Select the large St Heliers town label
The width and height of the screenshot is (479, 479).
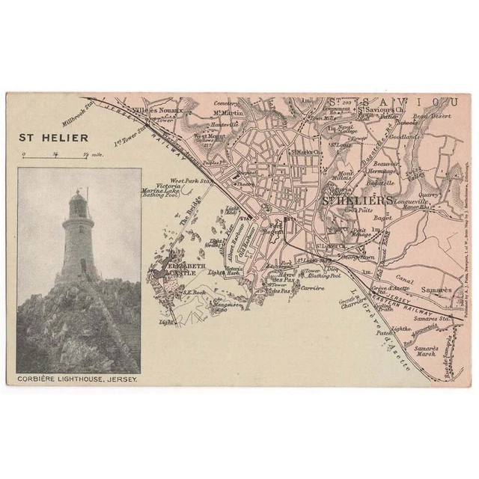point(357,200)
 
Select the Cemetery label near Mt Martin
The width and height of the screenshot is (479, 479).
point(226,103)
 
